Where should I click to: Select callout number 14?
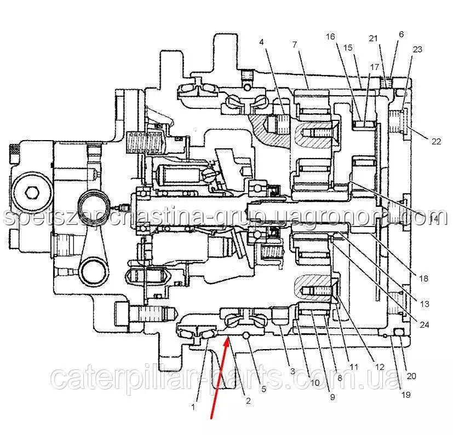[434, 219]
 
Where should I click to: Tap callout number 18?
[423, 279]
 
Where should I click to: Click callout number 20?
[412, 376]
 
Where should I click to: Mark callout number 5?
[263, 390]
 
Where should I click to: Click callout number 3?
[293, 372]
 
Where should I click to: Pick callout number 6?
[401, 34]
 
